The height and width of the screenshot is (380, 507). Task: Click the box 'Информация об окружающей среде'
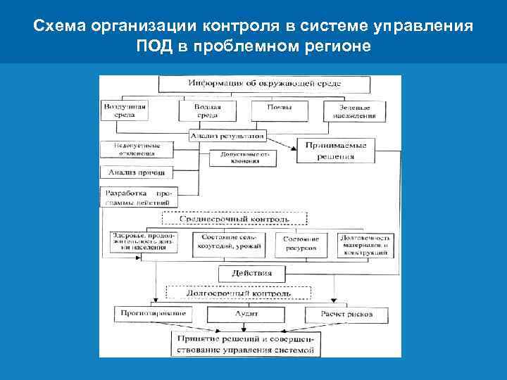click(264, 84)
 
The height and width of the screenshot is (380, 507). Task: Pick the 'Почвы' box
click(280, 109)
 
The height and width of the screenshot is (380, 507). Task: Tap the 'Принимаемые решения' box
click(335, 151)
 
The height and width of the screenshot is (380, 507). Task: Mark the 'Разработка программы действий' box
click(138, 196)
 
